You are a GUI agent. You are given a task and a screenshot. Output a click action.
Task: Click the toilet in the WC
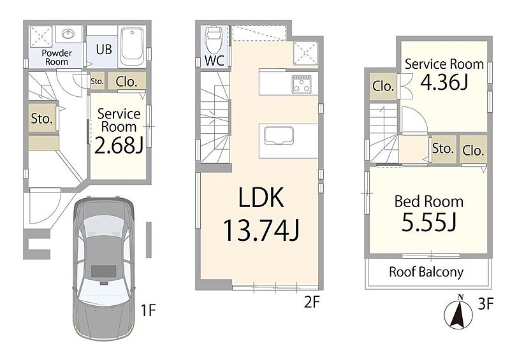pos(214,40)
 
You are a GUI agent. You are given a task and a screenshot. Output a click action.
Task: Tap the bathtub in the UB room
pos(133,46)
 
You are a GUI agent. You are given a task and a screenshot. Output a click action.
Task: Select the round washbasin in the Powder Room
pos(68,33)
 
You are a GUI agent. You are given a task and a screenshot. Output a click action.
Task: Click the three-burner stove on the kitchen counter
pos(301,84)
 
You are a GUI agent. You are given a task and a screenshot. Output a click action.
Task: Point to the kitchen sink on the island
pos(279,135)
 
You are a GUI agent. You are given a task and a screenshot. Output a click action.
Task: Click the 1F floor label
pos(149,310)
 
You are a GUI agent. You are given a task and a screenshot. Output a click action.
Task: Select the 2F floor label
pos(312,302)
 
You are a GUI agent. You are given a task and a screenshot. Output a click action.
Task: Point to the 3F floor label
pos(486,304)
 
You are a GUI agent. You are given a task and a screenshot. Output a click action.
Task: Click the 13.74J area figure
pos(261,230)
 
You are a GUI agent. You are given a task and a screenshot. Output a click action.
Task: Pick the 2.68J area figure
pos(119,145)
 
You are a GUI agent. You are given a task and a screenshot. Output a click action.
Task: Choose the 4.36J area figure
pos(444,82)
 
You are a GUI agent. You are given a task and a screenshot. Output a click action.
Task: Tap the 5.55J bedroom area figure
pos(429,222)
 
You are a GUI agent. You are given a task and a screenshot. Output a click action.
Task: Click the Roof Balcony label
pos(426,272)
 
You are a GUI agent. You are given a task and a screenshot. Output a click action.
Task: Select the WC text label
pos(214,61)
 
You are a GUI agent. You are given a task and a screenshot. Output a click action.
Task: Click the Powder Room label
pos(57,57)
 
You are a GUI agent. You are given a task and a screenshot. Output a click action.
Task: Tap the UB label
pos(104,50)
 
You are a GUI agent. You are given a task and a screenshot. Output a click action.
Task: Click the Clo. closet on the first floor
pos(126,82)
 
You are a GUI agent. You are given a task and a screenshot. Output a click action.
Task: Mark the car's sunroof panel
pos(103,271)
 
